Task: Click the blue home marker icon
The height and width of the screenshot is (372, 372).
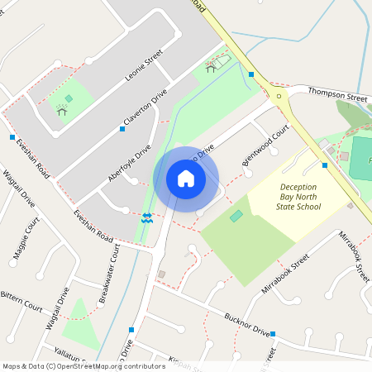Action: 186,179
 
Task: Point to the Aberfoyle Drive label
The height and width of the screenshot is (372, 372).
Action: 129,164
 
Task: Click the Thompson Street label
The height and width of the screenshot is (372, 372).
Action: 336,97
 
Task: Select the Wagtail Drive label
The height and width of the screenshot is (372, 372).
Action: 17,188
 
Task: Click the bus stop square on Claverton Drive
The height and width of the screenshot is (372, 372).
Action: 122,129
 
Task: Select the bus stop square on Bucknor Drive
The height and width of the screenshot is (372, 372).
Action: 272,334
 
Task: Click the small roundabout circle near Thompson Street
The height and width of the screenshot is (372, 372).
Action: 279,96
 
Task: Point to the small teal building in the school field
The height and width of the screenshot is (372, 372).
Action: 237,216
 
